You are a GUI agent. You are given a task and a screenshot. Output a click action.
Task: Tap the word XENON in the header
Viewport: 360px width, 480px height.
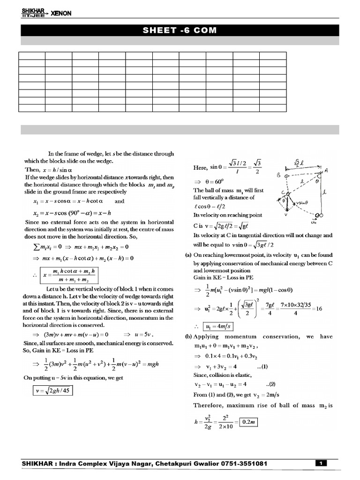pyautogui.click(x=61, y=14)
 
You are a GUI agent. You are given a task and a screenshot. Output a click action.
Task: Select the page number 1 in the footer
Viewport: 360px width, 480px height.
pyautogui.click(x=321, y=464)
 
